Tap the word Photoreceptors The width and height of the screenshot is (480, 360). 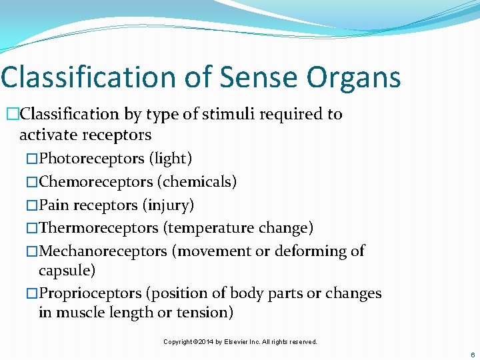(x=91, y=159)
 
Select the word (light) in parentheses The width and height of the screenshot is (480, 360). (x=170, y=159)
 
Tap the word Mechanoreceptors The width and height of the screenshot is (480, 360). (x=103, y=251)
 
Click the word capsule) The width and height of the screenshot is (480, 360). (x=67, y=271)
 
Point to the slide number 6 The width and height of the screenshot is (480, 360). (x=473, y=355)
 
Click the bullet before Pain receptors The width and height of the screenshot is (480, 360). (x=32, y=205)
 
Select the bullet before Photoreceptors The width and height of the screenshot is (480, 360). (x=32, y=159)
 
